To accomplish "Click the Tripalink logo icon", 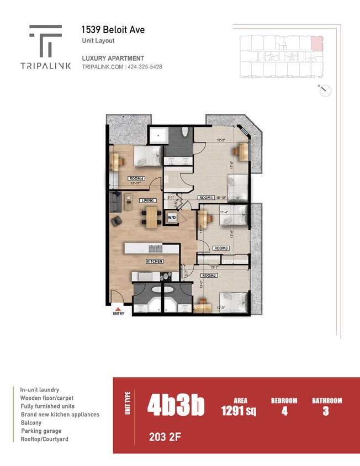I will pyautogui.click(x=45, y=40).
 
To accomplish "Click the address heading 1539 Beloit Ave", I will pyautogui.click(x=113, y=30).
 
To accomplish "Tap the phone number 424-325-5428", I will pyautogui.click(x=145, y=67).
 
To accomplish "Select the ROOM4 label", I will pyautogui.click(x=136, y=178).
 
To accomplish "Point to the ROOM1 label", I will pyautogui.click(x=206, y=198).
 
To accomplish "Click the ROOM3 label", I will pyautogui.click(x=221, y=248).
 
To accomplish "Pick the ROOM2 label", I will pyautogui.click(x=208, y=275).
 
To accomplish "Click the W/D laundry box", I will pyautogui.click(x=172, y=218).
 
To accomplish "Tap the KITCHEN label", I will pyautogui.click(x=154, y=261).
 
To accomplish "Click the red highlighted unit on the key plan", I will pyautogui.click(x=316, y=43).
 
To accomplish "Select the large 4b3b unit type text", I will pyautogui.click(x=176, y=405).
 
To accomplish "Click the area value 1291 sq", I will pyautogui.click(x=239, y=411).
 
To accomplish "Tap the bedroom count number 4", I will pyautogui.click(x=284, y=411).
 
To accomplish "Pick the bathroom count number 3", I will pyautogui.click(x=326, y=411).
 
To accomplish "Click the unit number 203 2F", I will pyautogui.click(x=165, y=438).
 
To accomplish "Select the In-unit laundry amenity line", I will pyautogui.click(x=40, y=390).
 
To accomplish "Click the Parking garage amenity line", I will pyautogui.click(x=41, y=431).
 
